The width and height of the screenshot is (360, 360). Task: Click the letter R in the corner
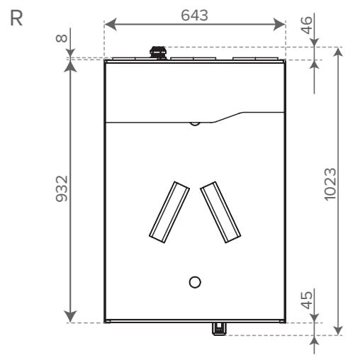pos(16,18)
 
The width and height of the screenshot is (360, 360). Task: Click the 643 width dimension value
pos(194,16)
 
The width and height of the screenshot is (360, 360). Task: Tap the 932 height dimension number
pos(62,189)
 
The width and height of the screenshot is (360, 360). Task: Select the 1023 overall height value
pos(330,184)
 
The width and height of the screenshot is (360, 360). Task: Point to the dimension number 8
pos(62,38)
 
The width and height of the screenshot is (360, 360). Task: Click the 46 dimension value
pos(307,26)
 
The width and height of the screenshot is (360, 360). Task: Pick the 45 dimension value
pos(307,300)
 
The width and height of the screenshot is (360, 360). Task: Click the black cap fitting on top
pos(158,52)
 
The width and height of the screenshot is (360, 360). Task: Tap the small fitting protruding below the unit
pos(219,329)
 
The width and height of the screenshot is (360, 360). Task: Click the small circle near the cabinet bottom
pos(195,282)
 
